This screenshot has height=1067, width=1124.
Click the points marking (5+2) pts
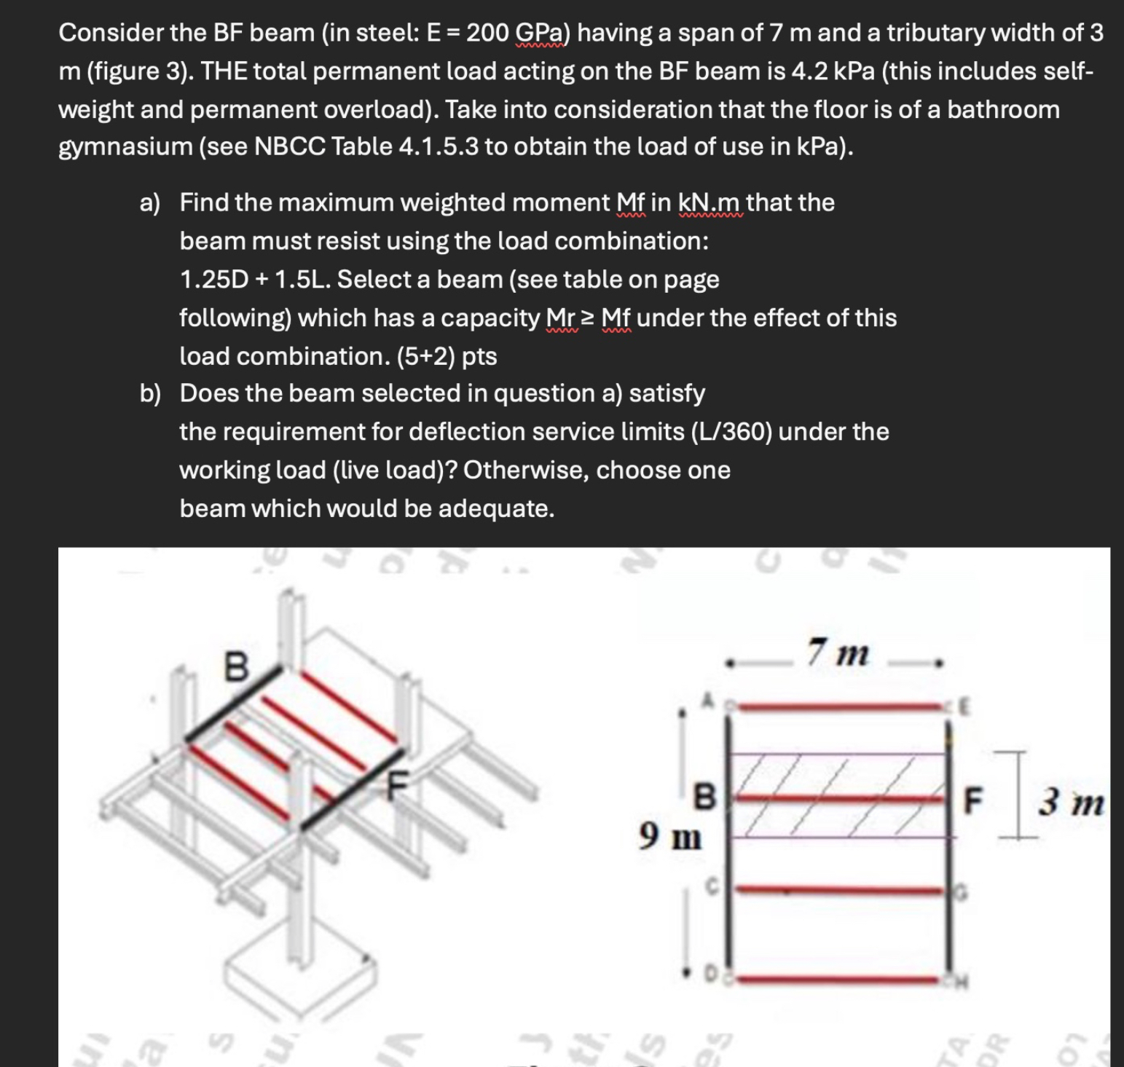click(447, 356)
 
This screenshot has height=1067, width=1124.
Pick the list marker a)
click(150, 202)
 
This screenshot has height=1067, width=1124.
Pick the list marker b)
click(150, 393)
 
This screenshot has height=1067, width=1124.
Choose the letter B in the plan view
click(704, 797)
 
